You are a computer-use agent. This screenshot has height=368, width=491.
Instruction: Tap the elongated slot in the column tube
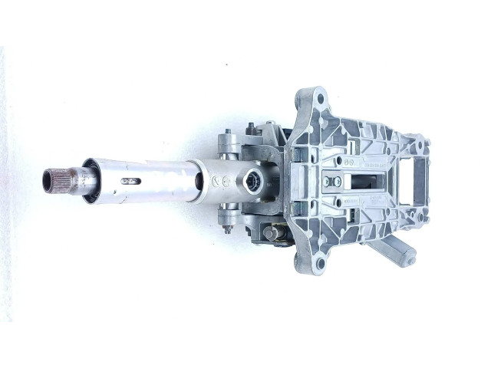(x=131, y=182)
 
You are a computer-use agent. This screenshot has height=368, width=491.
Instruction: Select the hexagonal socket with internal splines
(x=252, y=182)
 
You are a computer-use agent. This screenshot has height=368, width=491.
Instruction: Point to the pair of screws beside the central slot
(x=331, y=182)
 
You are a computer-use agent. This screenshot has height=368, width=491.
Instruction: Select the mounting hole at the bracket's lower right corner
(x=421, y=218)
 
